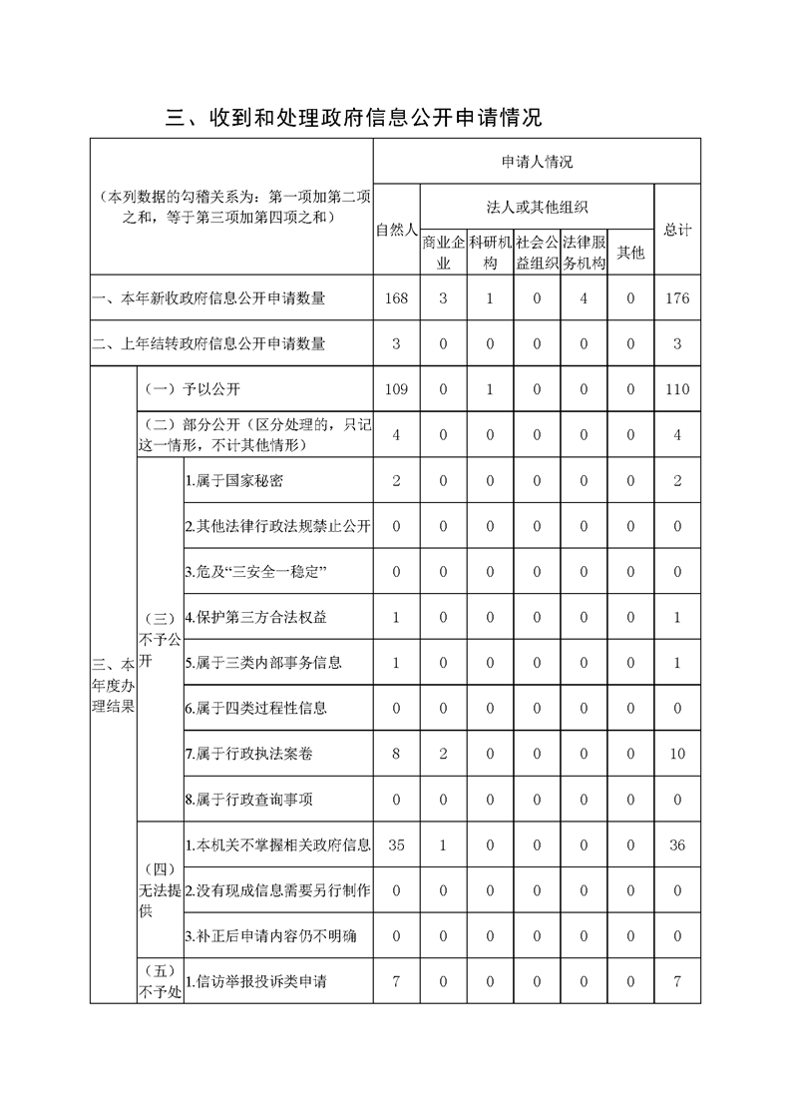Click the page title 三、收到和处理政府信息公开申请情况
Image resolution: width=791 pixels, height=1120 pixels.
click(354, 118)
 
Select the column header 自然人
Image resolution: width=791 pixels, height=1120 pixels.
click(396, 230)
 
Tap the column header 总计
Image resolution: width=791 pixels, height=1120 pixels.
click(677, 230)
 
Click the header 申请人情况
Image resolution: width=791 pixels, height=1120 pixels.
click(537, 162)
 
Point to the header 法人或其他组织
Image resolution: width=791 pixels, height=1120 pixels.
click(537, 208)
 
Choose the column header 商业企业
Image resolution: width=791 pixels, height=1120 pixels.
click(443, 253)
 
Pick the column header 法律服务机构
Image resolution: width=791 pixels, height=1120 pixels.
click(584, 253)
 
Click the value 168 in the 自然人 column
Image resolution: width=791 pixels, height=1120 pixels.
click(396, 298)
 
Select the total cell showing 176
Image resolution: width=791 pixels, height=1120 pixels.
click(677, 298)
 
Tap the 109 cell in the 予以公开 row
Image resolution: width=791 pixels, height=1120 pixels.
click(396, 389)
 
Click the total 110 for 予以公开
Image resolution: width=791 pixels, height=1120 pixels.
click(677, 389)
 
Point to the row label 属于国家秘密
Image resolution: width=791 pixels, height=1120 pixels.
click(234, 481)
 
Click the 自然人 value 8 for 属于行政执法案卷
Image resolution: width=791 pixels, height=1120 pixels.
click(396, 754)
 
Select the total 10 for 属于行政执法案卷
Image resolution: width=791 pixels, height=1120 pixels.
click(677, 754)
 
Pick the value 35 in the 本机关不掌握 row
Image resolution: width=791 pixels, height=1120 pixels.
click(396, 844)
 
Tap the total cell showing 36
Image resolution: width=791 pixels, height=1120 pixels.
click(677, 844)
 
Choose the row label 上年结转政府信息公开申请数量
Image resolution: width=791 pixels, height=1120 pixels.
click(208, 344)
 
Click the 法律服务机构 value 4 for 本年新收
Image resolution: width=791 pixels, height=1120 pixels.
click(584, 298)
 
